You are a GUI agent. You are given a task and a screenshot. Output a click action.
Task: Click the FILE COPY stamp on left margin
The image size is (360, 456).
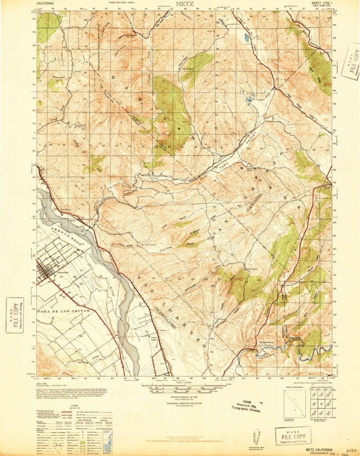(x=15, y=314)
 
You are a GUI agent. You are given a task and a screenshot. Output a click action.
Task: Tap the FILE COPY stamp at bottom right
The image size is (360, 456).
(x=292, y=435)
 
